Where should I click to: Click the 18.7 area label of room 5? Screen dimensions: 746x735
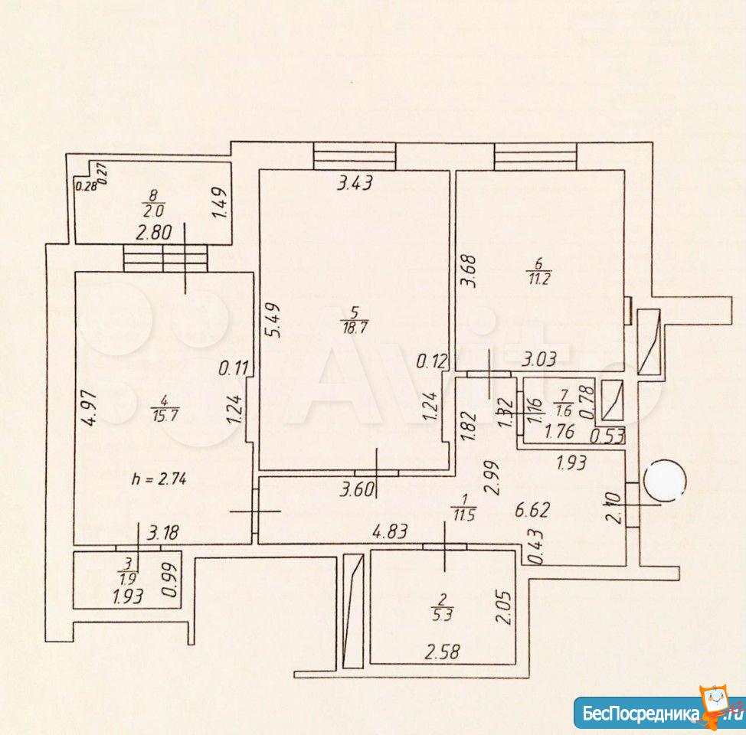coord(355,327)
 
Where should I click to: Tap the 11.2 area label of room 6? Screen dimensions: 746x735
coord(538,278)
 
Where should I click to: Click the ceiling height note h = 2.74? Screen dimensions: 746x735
coord(159,479)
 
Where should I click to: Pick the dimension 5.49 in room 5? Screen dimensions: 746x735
coord(275,320)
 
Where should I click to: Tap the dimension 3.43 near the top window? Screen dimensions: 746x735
coord(355,183)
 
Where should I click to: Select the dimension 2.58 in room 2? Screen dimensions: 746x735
coord(443,652)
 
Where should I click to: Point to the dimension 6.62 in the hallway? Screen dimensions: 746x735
coord(533,510)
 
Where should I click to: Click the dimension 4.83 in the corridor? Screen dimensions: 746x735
coord(390,531)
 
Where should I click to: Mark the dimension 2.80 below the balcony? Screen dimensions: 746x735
coord(154,233)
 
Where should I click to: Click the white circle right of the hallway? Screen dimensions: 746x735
coord(665,481)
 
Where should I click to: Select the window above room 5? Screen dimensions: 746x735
coord(355,156)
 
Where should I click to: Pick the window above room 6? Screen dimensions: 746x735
coord(535,156)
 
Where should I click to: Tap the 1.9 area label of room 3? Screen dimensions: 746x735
coord(129,579)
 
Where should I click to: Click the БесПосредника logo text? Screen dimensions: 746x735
coord(641,714)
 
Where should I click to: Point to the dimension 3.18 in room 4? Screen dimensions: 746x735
coord(162,533)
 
